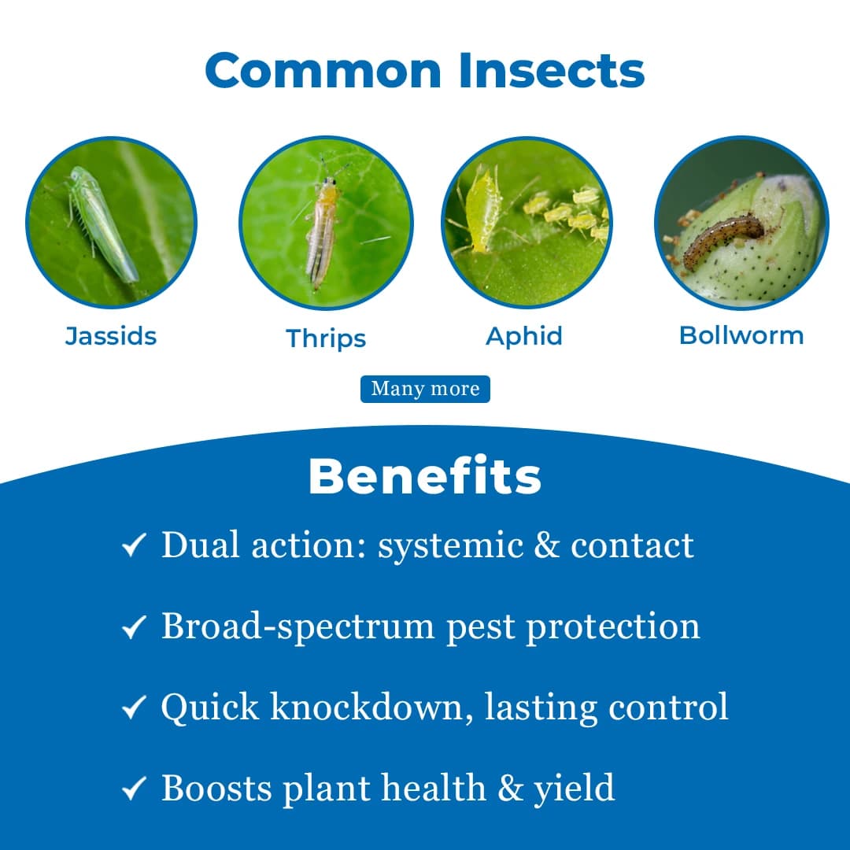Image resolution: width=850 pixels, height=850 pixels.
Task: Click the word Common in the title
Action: [324, 70]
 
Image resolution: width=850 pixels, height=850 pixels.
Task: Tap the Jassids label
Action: [111, 336]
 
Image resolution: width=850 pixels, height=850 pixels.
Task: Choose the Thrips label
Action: [326, 338]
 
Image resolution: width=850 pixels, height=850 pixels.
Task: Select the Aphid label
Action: [524, 336]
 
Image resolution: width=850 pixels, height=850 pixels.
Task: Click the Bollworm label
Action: [741, 335]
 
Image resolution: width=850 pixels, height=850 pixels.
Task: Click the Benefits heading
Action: [425, 476]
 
